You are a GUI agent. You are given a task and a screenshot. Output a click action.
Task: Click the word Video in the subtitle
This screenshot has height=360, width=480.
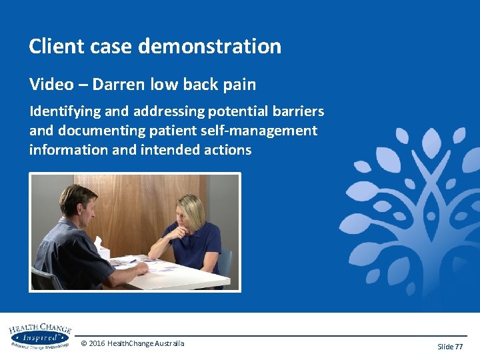click(x=48, y=85)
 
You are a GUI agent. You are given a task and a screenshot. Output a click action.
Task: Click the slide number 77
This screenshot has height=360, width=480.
click(x=458, y=347)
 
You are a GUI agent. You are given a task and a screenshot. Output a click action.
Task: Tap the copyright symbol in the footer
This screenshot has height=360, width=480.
click(x=83, y=343)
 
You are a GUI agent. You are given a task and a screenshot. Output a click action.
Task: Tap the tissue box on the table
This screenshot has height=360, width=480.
click(x=102, y=249)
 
